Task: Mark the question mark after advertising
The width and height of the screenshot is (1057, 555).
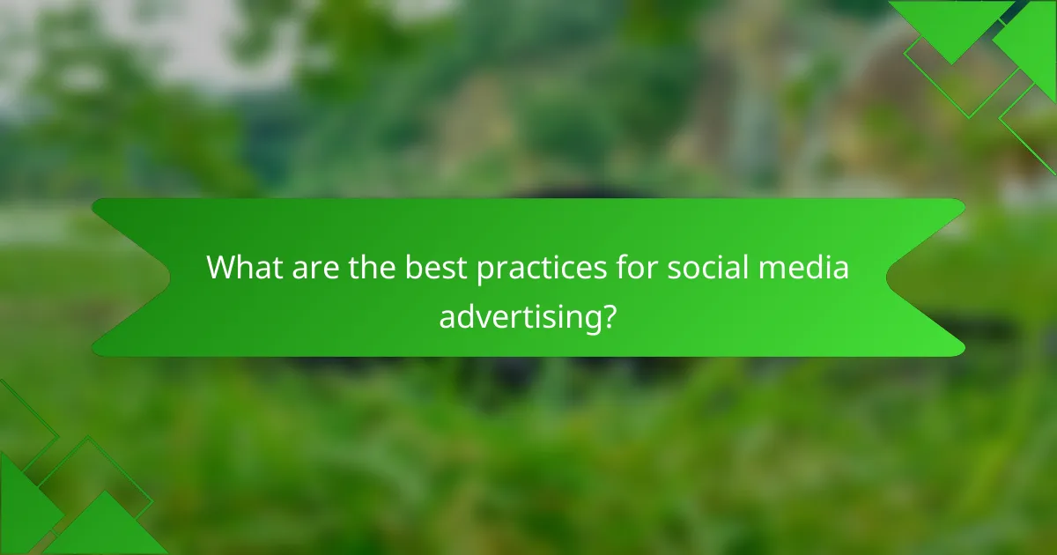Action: point(608,315)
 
